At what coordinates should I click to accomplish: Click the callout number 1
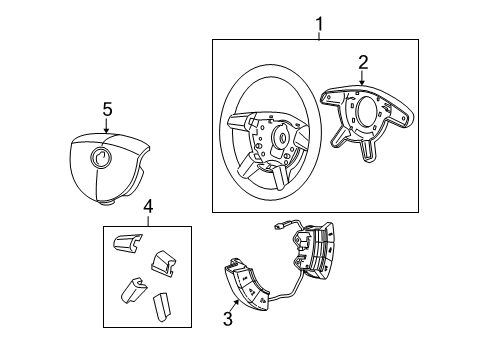coord(319,22)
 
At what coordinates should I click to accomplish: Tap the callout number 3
coord(227,319)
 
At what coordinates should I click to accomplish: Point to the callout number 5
coord(107,108)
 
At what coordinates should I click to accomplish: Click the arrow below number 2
coord(361,77)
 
